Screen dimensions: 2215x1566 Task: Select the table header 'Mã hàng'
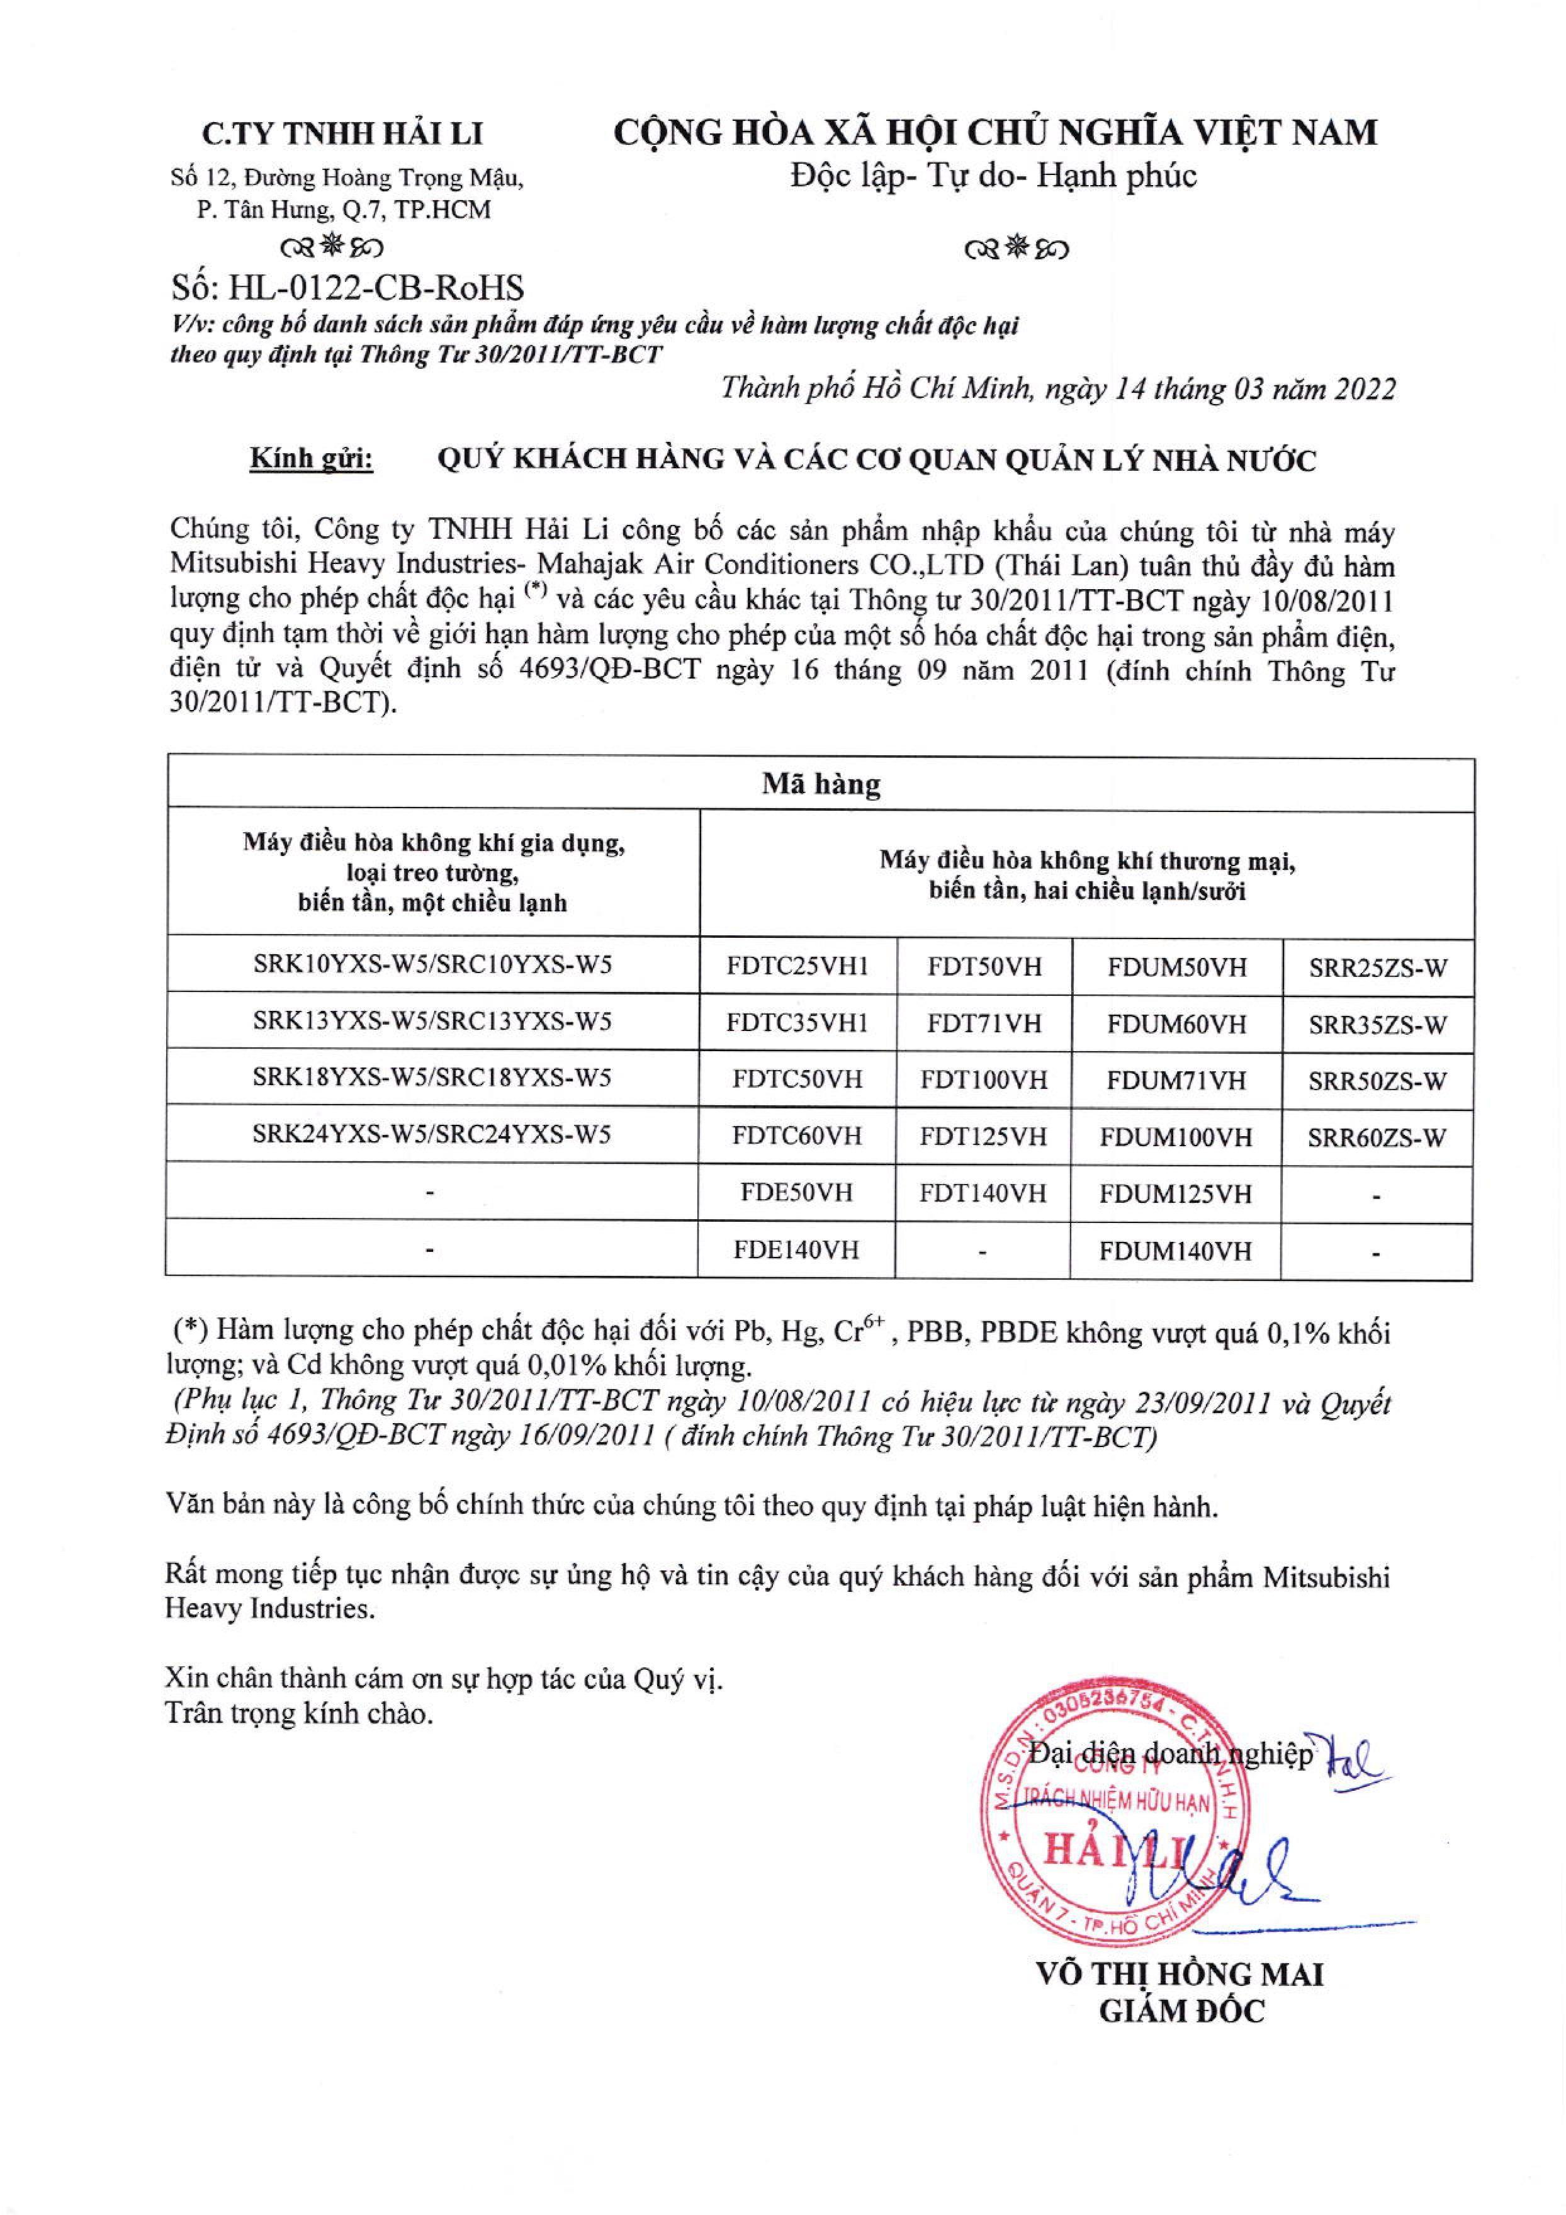[821, 784]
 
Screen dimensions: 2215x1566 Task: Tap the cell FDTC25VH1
[798, 967]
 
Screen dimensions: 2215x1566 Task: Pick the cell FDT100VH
[983, 1079]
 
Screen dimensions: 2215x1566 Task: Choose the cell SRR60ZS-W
[1377, 1137]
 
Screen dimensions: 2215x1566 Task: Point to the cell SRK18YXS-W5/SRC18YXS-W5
[432, 1078]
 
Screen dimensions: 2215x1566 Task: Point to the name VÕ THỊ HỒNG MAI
[1179, 1975]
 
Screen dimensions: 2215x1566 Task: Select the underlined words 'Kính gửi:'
[312, 460]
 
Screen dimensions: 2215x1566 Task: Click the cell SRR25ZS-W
[1378, 967]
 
